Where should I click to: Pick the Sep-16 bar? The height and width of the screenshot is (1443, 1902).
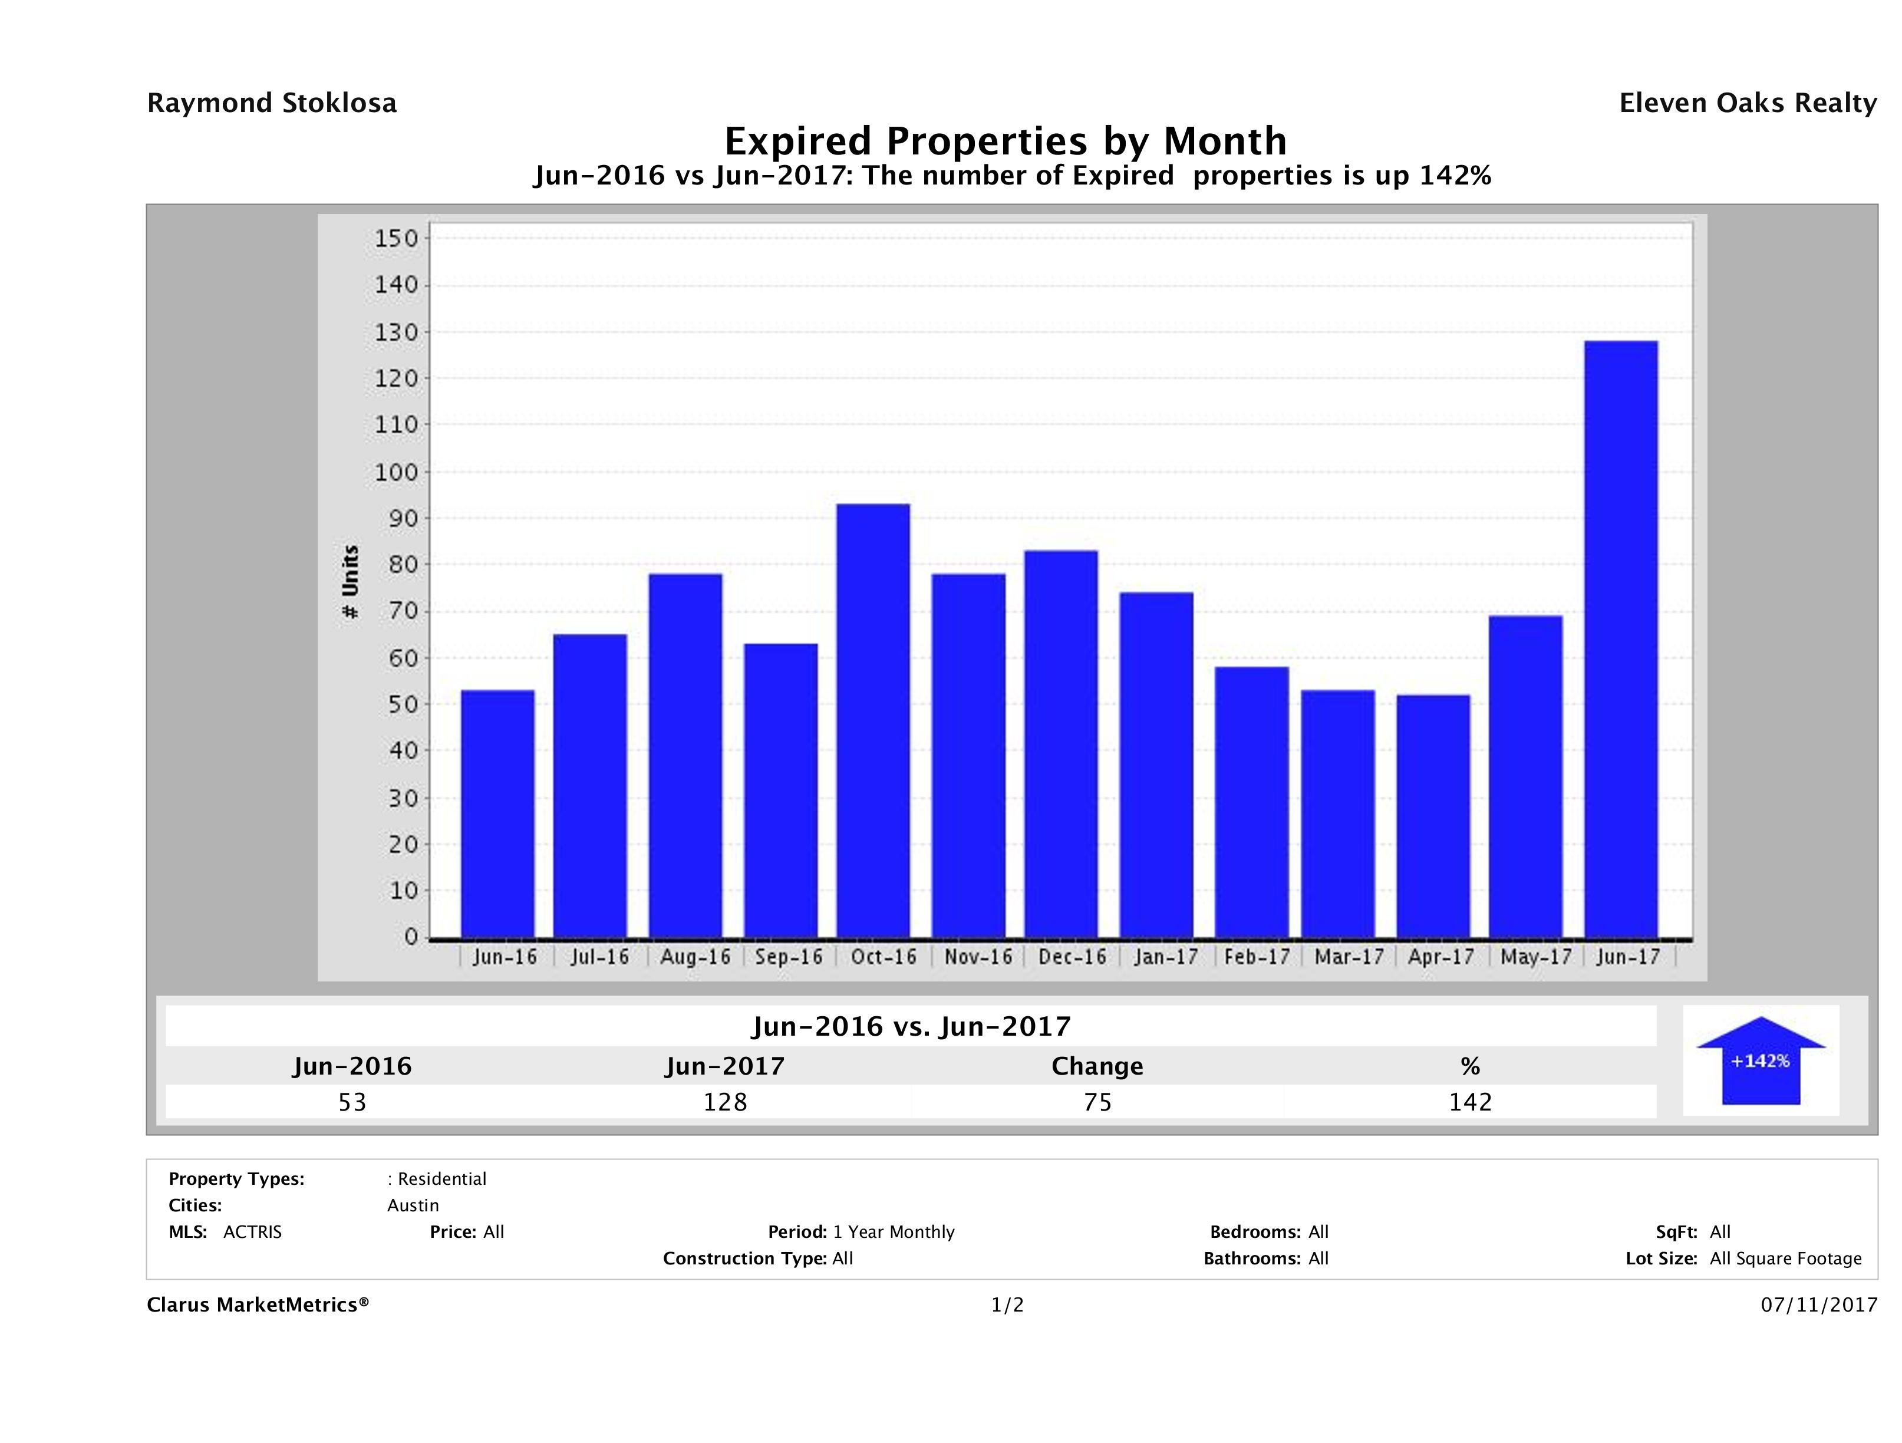(x=781, y=790)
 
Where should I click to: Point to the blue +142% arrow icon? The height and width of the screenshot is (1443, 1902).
(x=1760, y=1060)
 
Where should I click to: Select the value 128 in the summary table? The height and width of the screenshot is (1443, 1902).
(x=725, y=1102)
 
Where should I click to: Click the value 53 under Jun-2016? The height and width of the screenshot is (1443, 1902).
(x=352, y=1102)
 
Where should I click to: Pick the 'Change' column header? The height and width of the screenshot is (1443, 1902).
(x=1097, y=1066)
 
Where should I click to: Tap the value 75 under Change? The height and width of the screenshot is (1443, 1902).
(x=1098, y=1102)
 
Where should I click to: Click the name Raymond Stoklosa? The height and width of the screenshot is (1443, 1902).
(x=272, y=103)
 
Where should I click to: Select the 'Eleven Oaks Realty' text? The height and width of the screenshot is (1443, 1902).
(x=1747, y=103)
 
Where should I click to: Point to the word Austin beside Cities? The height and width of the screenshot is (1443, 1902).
(x=413, y=1205)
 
